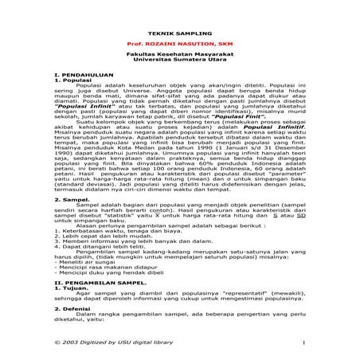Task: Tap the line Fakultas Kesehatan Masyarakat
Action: [x=179, y=53]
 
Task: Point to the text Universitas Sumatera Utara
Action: [x=179, y=60]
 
